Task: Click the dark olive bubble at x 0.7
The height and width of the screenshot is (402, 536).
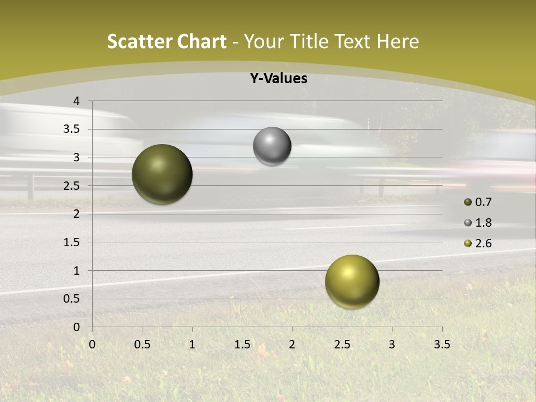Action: [162, 174]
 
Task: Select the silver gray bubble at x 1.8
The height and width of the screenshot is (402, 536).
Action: [272, 146]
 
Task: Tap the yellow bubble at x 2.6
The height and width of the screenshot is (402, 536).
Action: [352, 281]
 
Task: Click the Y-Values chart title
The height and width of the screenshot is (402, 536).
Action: [279, 79]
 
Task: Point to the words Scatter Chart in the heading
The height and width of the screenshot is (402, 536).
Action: [166, 41]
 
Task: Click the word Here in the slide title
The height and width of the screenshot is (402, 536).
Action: [398, 41]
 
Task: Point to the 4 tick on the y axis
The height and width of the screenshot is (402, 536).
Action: [76, 101]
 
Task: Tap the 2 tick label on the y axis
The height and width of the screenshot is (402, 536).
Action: [76, 214]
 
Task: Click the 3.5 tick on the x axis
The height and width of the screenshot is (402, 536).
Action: [442, 344]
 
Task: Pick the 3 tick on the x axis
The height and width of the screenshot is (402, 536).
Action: [392, 344]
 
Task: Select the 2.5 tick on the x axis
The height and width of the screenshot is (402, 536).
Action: [342, 344]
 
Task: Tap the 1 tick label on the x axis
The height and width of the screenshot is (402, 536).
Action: [192, 344]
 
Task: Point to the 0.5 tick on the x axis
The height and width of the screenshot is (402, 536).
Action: [142, 344]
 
